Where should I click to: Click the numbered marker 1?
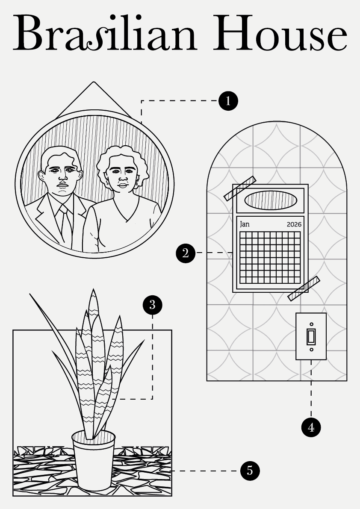(228, 101)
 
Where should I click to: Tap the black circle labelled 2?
(186, 253)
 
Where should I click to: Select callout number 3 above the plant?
(153, 305)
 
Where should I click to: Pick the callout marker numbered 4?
(311, 427)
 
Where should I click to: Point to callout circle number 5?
(250, 471)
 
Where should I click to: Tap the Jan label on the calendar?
(245, 224)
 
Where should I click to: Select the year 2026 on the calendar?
(294, 224)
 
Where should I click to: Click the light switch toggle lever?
(311, 336)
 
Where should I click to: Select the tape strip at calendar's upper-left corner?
(240, 188)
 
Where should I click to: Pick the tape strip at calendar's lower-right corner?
(304, 288)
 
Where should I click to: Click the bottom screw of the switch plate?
(311, 349)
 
